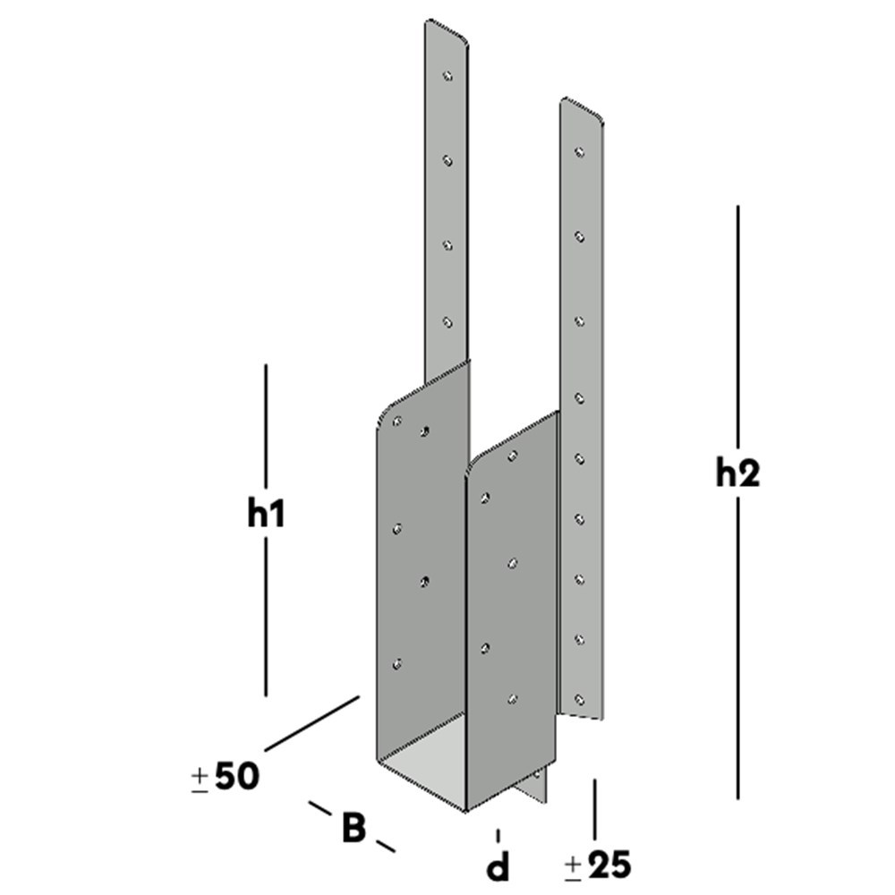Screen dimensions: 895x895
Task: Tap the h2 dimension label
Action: point(737,473)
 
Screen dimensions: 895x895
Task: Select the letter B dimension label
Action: point(354,828)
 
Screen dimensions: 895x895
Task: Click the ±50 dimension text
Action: point(226,777)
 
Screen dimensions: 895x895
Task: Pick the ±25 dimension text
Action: point(598,865)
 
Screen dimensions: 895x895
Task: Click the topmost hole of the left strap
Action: point(448,77)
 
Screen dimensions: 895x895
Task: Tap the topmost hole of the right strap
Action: point(580,152)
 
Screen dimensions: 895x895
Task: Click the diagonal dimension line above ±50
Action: point(311,722)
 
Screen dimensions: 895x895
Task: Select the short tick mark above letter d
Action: point(498,835)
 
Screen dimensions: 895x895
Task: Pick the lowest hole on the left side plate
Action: point(397,664)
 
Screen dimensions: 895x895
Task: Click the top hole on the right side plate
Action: point(512,456)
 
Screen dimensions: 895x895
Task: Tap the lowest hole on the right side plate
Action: point(512,698)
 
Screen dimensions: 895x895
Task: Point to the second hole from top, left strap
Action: point(447,161)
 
